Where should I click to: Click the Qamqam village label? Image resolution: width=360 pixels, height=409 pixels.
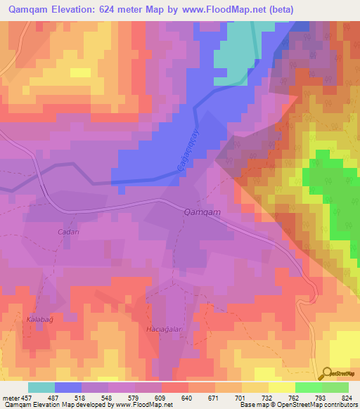(x=202, y=212)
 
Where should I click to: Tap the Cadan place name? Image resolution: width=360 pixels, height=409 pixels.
(x=68, y=231)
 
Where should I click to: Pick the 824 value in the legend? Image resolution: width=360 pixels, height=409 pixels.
(x=348, y=397)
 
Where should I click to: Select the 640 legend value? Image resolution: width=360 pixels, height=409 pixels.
(x=187, y=397)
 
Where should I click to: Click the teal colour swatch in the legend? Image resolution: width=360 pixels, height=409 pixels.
(x=41, y=387)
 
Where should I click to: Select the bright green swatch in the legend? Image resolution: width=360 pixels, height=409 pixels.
(x=308, y=387)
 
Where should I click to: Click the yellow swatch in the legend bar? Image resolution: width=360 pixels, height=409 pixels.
(x=281, y=387)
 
